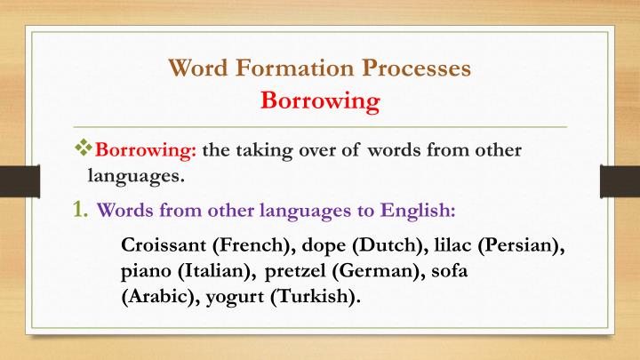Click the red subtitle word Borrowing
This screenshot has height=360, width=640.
[320, 100]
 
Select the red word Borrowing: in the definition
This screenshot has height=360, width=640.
[146, 149]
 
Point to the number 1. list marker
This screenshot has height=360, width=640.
[80, 211]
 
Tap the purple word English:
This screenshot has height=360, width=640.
[419, 212]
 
